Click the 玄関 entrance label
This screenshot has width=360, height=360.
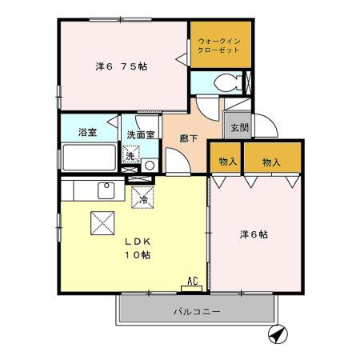[x=238, y=128]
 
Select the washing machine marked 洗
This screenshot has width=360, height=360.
[x=130, y=155]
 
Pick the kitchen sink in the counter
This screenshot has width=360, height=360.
[x=105, y=190]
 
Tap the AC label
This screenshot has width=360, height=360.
[x=192, y=281]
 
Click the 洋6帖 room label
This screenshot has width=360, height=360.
[x=254, y=235]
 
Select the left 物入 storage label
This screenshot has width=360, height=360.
[x=228, y=162]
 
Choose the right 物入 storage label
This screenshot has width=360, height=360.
[x=272, y=162]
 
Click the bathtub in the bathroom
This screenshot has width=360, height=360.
[x=88, y=158]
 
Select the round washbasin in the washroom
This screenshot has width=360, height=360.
[x=149, y=166]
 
